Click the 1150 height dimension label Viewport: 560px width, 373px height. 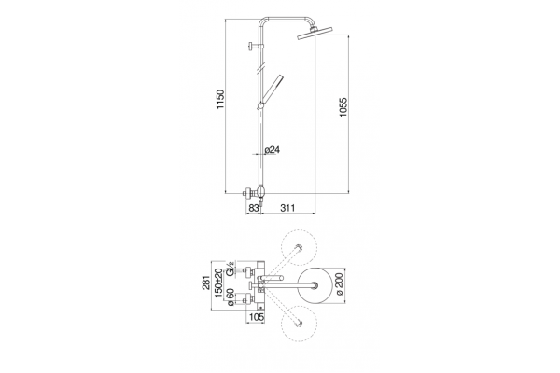point(220,100)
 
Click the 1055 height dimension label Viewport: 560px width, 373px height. point(343,107)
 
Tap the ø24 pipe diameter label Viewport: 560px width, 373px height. point(273,149)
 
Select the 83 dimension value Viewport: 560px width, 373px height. point(253,208)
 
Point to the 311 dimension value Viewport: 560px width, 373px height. point(287,208)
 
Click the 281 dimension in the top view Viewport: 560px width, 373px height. point(206,283)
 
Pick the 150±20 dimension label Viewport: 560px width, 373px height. point(218,283)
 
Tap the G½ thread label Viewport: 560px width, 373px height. point(231,269)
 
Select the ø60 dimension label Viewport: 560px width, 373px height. point(231,297)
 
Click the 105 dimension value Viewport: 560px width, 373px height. point(256,317)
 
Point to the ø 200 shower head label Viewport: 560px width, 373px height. point(339,284)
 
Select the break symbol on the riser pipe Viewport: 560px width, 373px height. point(261,69)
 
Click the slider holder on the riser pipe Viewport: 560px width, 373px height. point(261,105)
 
